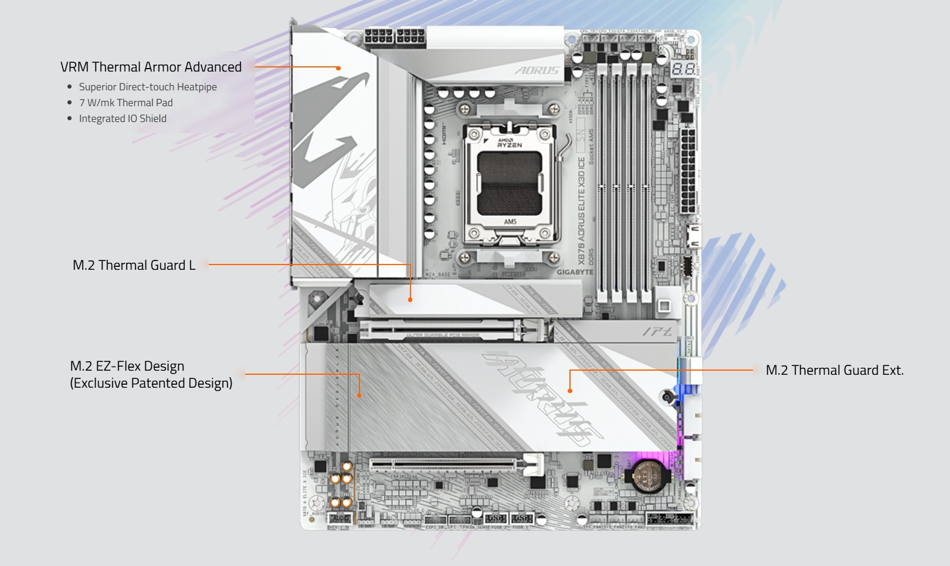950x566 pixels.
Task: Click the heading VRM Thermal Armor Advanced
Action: [x=151, y=67]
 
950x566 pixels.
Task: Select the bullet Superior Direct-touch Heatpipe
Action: [x=148, y=87]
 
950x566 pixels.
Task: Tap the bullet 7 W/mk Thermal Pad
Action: [x=125, y=103]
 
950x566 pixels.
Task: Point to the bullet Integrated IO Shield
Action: [x=123, y=118]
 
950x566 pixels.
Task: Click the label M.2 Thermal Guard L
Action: [x=134, y=265]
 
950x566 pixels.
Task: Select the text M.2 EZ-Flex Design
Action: [x=127, y=366]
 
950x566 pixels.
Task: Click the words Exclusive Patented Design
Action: [x=151, y=383]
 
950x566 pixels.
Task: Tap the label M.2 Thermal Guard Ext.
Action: [x=834, y=370]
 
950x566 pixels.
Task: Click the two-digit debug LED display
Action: [x=683, y=69]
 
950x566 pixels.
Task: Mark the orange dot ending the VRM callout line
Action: [x=338, y=68]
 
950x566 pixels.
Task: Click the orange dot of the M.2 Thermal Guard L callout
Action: [x=410, y=300]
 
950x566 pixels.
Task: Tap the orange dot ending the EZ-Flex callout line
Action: [x=359, y=395]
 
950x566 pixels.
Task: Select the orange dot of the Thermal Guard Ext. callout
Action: [x=569, y=391]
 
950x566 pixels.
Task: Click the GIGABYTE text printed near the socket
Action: [x=575, y=272]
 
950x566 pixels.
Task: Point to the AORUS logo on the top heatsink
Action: [x=537, y=70]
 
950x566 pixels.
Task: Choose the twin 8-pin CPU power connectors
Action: [x=394, y=37]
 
